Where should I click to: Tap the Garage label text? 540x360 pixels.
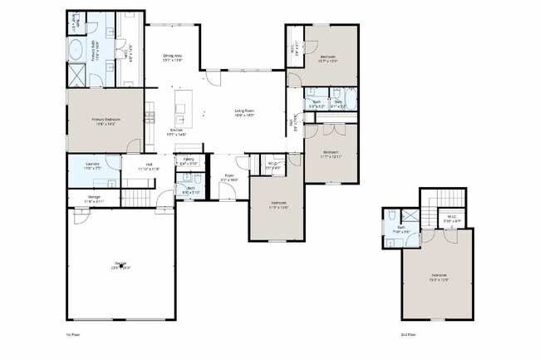pyautogui.click(x=120, y=264)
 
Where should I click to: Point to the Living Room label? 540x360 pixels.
pyautogui.click(x=244, y=111)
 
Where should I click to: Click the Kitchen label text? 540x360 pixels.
pyautogui.click(x=176, y=131)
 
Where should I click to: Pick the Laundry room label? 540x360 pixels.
pyautogui.click(x=93, y=165)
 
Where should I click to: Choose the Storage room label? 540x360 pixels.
pyautogui.click(x=94, y=197)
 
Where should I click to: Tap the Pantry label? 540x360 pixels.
pyautogui.click(x=189, y=159)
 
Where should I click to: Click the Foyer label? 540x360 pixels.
pyautogui.click(x=229, y=175)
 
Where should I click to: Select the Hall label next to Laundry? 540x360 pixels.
pyautogui.click(x=150, y=165)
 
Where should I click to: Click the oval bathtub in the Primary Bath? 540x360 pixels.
pyautogui.click(x=76, y=48)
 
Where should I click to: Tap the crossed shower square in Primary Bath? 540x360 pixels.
pyautogui.click(x=76, y=78)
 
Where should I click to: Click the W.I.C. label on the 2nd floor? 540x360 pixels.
pyautogui.click(x=452, y=218)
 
